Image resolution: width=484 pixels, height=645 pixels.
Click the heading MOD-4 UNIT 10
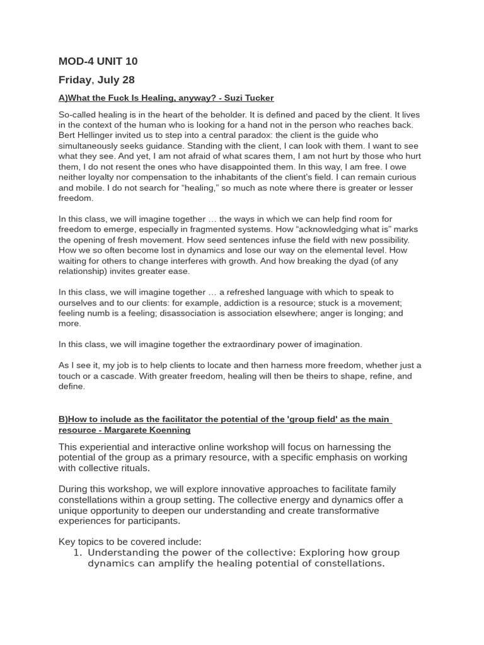click(x=98, y=61)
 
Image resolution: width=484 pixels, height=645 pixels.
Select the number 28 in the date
click(x=128, y=80)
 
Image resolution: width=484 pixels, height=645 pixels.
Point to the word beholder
click(x=235, y=115)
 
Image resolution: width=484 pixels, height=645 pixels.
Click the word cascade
click(x=110, y=376)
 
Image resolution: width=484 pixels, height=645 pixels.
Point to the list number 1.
click(x=78, y=553)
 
